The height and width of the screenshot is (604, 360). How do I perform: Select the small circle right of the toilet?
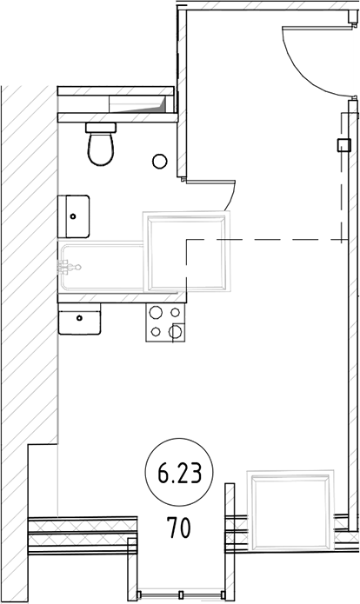point(159,161)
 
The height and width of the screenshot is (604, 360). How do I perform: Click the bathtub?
point(100,269)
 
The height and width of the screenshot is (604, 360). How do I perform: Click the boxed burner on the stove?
point(177,330)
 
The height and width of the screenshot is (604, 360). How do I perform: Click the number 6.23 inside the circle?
point(179,475)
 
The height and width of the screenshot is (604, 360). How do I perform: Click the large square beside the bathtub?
point(188,254)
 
